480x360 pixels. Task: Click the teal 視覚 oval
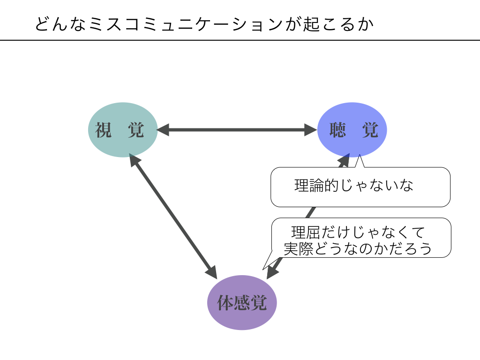click(x=122, y=129)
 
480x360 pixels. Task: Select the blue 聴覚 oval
click(x=352, y=129)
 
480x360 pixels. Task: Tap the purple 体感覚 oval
click(x=242, y=302)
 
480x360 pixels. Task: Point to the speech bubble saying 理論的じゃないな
click(x=360, y=187)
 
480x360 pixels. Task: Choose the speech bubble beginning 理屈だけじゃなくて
click(x=361, y=238)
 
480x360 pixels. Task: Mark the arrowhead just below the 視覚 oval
click(x=134, y=161)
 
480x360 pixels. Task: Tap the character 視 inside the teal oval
click(x=104, y=130)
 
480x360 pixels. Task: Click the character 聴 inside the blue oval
click(x=337, y=130)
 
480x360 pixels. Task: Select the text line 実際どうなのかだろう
click(x=358, y=248)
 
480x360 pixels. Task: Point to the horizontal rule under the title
click(x=240, y=40)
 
